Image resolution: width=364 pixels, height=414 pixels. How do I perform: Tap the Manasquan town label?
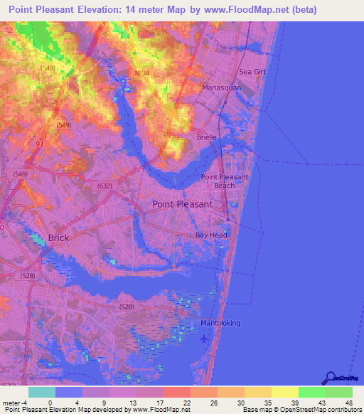point(222,87)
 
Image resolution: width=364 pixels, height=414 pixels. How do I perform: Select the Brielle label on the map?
point(207,137)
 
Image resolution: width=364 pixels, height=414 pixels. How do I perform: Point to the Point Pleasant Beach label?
point(225,181)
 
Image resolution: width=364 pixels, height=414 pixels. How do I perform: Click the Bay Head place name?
point(212,235)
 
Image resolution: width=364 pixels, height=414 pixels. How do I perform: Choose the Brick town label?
point(58,238)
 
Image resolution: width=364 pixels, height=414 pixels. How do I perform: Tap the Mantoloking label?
point(220,323)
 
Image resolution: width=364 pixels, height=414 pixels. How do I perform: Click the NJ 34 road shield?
point(141,73)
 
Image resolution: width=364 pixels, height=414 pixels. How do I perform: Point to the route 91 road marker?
point(38,144)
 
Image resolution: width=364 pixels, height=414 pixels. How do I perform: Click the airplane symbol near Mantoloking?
point(205,337)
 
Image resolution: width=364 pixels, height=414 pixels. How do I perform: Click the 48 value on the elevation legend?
point(348,403)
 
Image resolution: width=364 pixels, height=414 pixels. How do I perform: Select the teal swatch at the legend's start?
point(41,392)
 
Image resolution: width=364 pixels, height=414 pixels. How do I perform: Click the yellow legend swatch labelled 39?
point(284,392)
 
